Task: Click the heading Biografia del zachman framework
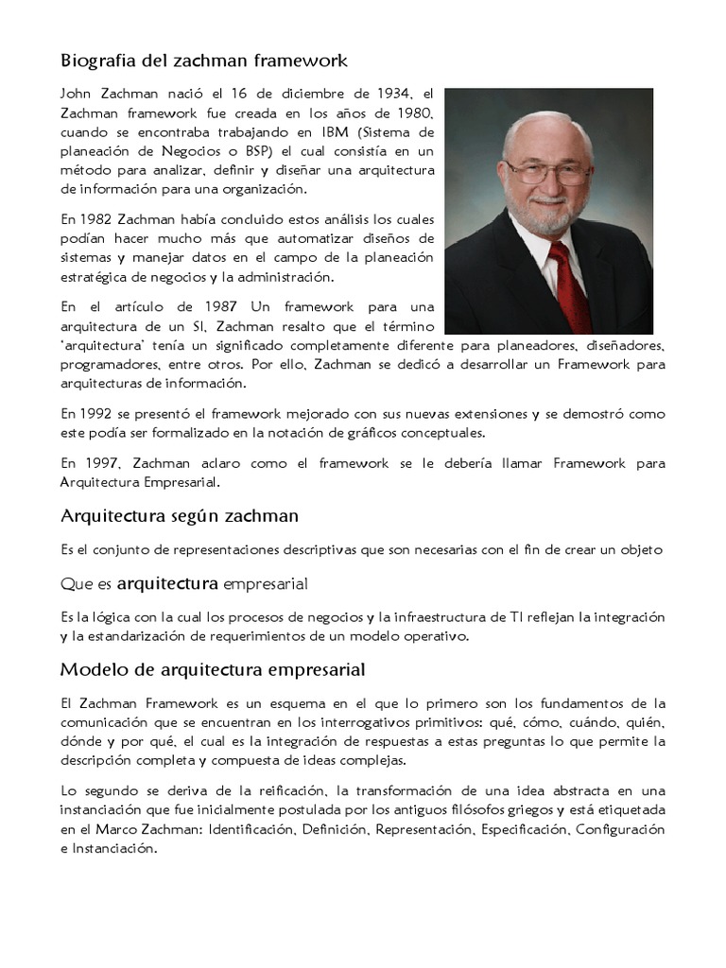(204, 61)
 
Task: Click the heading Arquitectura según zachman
(180, 515)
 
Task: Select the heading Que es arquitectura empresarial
(184, 580)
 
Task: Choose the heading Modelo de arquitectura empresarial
(213, 669)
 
